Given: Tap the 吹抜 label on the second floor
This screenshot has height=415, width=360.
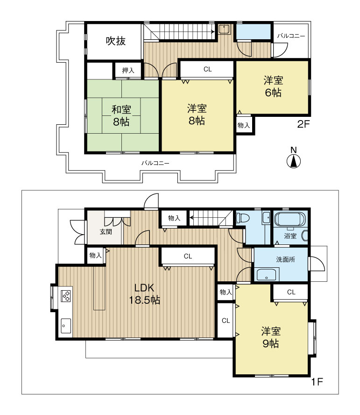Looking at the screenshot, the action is pos(116,41).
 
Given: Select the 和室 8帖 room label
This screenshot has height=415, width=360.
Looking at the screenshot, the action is pos(121,115).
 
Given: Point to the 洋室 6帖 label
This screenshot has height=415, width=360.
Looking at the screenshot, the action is pos(273,86).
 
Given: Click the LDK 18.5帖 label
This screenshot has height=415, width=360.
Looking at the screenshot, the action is pos(144,294).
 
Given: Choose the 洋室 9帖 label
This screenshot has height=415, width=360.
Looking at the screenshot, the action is pos(271,337).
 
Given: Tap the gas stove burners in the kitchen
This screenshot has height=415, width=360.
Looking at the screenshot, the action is pos(66,296).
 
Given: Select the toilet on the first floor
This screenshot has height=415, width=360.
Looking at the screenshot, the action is pos(242,218).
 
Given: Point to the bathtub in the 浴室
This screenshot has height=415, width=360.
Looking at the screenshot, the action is pos(290,219).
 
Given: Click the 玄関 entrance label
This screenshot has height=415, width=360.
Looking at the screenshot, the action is pos(106,232).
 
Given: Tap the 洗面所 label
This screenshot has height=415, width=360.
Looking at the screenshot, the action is pos(285,259).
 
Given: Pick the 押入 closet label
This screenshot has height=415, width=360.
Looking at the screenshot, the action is pos(128,71).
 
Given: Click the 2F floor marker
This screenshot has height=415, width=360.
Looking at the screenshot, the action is pos(303,124).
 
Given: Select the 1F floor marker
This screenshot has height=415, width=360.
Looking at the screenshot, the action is pos(317,382).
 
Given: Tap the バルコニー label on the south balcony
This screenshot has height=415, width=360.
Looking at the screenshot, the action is pos(155,163).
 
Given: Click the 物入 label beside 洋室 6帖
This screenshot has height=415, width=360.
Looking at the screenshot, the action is pos(244,125).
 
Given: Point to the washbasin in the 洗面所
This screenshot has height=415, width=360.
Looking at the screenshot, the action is pos(266,274).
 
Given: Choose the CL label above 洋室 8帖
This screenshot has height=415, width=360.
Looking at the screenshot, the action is pos(208,69).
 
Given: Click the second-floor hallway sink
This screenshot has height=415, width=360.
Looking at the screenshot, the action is pos(225,29).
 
